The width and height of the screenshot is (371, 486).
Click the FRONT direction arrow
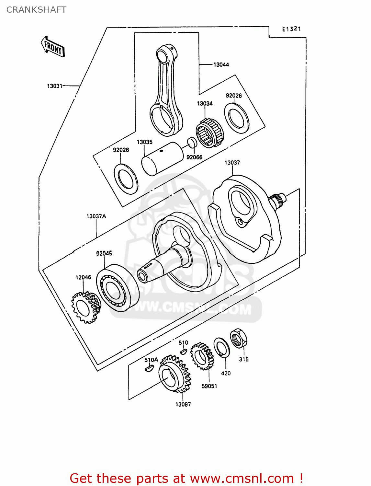click(x=53, y=47)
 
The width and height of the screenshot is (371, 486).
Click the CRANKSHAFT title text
click(x=36, y=10)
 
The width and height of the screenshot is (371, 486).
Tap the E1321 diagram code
click(x=291, y=29)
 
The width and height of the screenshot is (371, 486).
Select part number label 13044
click(x=221, y=64)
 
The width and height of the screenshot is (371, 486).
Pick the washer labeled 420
click(x=222, y=348)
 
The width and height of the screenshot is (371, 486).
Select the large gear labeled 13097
click(x=175, y=374)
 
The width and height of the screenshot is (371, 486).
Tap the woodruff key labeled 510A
click(x=149, y=368)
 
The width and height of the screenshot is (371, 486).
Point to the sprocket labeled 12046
click(x=86, y=307)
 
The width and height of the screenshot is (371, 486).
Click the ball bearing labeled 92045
click(x=118, y=288)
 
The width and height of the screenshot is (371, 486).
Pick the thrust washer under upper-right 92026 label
click(x=237, y=118)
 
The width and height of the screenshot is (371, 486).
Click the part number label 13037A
click(x=96, y=216)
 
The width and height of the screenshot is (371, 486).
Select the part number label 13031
click(x=54, y=86)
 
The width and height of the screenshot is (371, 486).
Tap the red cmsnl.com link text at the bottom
click(x=186, y=478)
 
